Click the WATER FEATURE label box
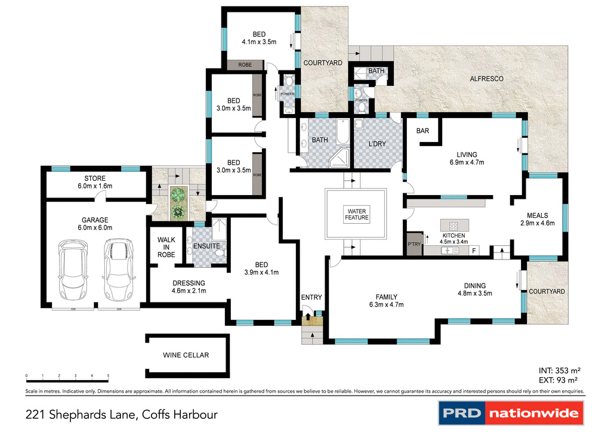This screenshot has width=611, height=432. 356,214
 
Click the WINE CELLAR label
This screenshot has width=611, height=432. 186,355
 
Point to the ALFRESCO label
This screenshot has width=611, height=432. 486,79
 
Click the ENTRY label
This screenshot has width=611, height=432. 311,297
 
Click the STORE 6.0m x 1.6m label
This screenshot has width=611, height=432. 95,182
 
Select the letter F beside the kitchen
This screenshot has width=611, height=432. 474,251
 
